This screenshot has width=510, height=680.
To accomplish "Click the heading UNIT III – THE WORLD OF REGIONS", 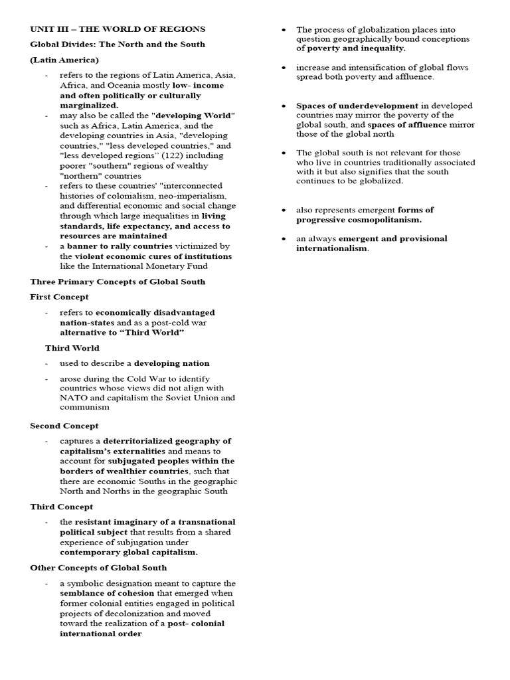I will pyautogui.click(x=118, y=29).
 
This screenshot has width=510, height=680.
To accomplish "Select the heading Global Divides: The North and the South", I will pyautogui.click(x=118, y=44).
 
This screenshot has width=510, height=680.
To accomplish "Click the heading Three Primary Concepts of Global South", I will pyautogui.click(x=118, y=282).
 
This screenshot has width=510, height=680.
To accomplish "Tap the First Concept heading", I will pyautogui.click(x=59, y=297).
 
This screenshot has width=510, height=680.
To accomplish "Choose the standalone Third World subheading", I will pyautogui.click(x=72, y=348).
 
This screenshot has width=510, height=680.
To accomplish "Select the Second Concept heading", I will pyautogui.click(x=64, y=426).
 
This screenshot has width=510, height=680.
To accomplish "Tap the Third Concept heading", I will pyautogui.click(x=62, y=507).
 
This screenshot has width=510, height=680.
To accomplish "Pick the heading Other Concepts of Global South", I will pyautogui.click(x=98, y=568).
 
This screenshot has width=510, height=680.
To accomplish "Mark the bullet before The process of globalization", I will pyautogui.click(x=284, y=30).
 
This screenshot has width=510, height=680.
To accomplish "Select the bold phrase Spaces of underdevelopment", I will pyautogui.click(x=357, y=106).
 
